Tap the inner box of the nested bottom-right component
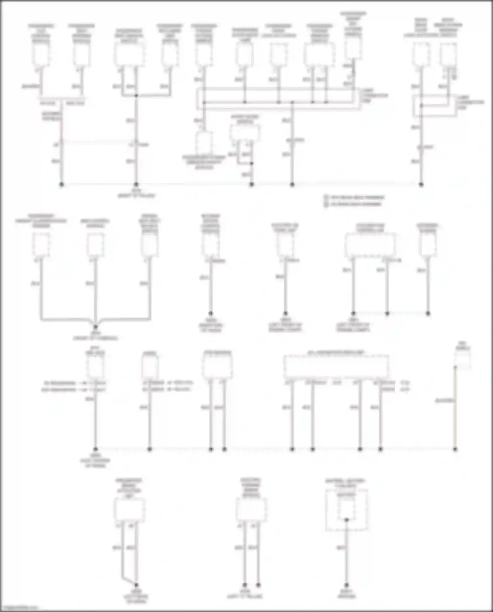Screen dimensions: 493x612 pyautogui.click(x=346, y=506)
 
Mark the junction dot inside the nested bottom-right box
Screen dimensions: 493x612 pyautogui.click(x=346, y=520)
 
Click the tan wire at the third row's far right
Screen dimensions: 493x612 pyautogui.click(x=455, y=411)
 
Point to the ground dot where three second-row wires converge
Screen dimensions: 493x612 pyautogui.click(x=95, y=327)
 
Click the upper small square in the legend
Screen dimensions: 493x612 pyautogui.click(x=326, y=197)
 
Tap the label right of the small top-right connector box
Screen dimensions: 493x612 pyautogui.click(x=470, y=102)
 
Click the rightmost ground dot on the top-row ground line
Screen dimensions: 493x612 pyautogui.click(x=421, y=184)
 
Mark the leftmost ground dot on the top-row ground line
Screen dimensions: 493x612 pyautogui.click(x=61, y=184)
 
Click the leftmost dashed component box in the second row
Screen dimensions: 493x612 pyautogui.click(x=41, y=244)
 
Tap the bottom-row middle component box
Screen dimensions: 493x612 pyautogui.click(x=251, y=509)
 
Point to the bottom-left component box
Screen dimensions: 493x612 pyautogui.click(x=129, y=509)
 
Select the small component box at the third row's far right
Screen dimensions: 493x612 pyautogui.click(x=462, y=361)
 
